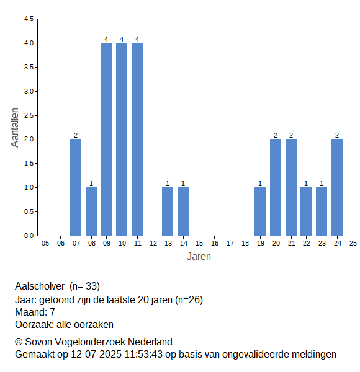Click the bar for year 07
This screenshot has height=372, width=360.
tap(76, 187)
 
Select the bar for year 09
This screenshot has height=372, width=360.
tap(106, 139)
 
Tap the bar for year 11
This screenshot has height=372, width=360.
tap(137, 139)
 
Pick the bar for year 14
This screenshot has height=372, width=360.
tap(183, 211)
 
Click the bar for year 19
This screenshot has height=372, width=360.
tap(260, 211)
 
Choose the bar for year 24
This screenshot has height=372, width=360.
tap(337, 187)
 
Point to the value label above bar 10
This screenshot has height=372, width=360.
tap(122, 39)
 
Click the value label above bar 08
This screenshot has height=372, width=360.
tap(91, 184)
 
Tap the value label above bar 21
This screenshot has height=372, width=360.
tap(291, 135)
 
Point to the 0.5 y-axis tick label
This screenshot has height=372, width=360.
tap(29, 211)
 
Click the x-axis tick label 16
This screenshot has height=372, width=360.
tap(215, 243)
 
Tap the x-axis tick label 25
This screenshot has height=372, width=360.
tap(353, 243)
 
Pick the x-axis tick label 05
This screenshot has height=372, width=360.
tap(45, 243)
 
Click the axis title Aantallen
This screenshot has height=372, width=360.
tap(15, 128)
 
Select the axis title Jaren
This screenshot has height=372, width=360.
tap(199, 257)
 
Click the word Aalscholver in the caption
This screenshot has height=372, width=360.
tap(40, 286)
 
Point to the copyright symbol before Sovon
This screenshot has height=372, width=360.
tap(19, 342)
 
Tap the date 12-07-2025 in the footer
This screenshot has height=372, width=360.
tap(96, 355)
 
